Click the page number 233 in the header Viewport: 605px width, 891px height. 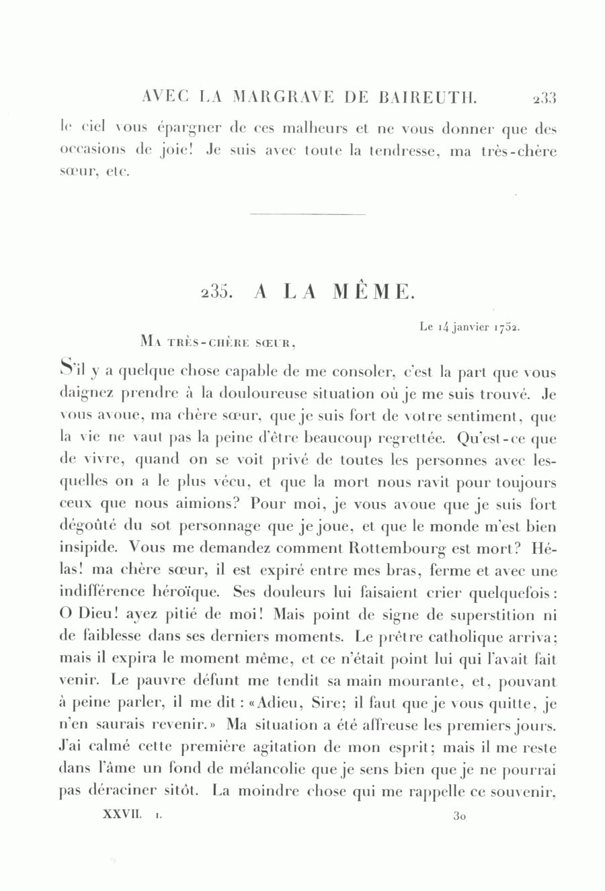click(544, 98)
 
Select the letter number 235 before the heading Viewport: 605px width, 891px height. click(216, 292)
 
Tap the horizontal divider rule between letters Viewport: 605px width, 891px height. click(307, 214)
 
